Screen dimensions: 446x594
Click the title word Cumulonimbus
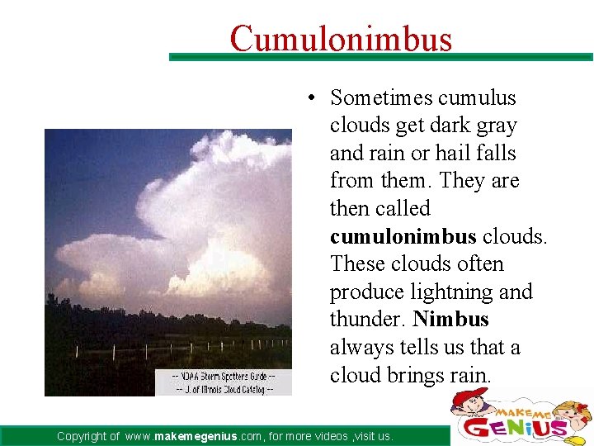coord(341,38)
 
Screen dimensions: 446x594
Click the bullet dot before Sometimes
coord(305,99)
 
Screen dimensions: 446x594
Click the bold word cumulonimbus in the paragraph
coord(403,236)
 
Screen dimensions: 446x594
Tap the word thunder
coord(368,320)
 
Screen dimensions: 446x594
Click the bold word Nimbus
coord(451,320)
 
